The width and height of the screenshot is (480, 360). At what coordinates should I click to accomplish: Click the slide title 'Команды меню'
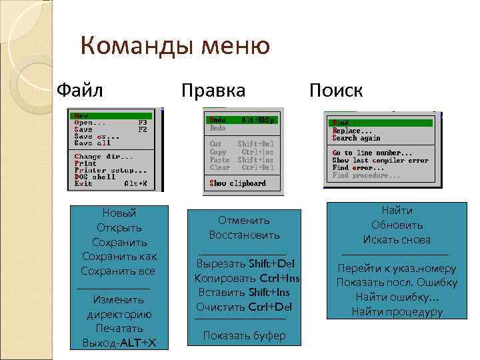pyautogui.click(x=175, y=47)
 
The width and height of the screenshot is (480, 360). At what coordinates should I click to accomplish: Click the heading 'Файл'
pyautogui.click(x=80, y=89)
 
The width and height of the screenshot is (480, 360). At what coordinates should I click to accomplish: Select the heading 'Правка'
pyautogui.click(x=213, y=90)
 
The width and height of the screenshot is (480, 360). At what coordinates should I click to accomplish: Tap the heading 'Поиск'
pyautogui.click(x=335, y=90)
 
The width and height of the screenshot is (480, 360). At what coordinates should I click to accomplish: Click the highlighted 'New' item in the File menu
pyautogui.click(x=82, y=115)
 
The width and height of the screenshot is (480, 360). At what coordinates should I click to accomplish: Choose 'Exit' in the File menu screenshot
pyautogui.click(x=83, y=183)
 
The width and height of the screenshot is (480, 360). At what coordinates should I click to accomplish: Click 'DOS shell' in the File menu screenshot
pyautogui.click(x=95, y=177)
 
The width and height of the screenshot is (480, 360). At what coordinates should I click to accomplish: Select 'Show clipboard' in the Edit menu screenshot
pyautogui.click(x=237, y=183)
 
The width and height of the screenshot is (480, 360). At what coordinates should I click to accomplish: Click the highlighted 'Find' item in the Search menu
pyautogui.click(x=341, y=123)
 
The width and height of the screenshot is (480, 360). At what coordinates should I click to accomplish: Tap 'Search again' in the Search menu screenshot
pyautogui.click(x=356, y=138)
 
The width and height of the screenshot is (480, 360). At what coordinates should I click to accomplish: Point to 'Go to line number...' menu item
pyautogui.click(x=372, y=153)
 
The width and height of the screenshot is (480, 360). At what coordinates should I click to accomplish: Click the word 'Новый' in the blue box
pyautogui.click(x=119, y=213)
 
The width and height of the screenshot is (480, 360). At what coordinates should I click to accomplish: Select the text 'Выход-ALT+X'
pyautogui.click(x=119, y=343)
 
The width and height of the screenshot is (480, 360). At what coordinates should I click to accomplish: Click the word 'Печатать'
pyautogui.click(x=119, y=329)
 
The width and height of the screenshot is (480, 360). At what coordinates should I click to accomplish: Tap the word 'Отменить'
pyautogui.click(x=244, y=220)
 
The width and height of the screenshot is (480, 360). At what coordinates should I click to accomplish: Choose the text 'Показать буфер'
pyautogui.click(x=244, y=335)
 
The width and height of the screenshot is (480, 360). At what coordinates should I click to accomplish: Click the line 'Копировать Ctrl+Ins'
pyautogui.click(x=247, y=277)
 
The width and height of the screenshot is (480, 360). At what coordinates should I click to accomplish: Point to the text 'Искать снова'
pyautogui.click(x=397, y=239)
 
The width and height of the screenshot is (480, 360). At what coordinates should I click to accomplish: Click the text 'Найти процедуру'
pyautogui.click(x=397, y=311)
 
